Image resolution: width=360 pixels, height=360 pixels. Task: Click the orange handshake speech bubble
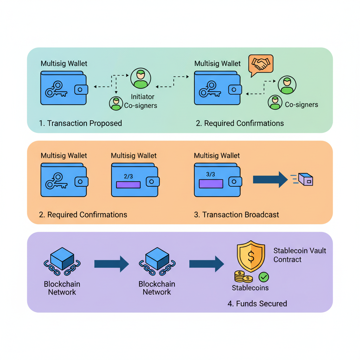(x=261, y=64)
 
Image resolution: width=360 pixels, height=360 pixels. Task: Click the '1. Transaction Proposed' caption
(x=81, y=123)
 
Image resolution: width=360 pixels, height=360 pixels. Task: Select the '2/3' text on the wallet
(x=128, y=176)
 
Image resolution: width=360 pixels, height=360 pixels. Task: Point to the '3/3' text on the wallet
(x=211, y=174)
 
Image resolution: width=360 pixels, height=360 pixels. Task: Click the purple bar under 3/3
(x=211, y=184)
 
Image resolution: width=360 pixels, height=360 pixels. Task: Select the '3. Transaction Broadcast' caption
(x=237, y=215)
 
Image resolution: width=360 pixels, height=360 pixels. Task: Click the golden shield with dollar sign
(x=250, y=256)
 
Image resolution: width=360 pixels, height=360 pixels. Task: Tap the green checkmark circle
(x=264, y=277)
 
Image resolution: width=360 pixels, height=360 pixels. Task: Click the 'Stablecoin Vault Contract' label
(x=300, y=255)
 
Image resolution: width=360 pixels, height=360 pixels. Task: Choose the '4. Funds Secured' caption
(x=257, y=304)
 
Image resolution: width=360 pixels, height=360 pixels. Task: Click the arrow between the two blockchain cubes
(x=111, y=264)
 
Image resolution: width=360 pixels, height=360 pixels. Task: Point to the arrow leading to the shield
(x=206, y=264)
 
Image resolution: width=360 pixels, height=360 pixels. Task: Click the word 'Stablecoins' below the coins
(x=250, y=288)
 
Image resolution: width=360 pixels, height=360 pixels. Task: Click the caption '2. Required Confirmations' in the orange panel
(x=83, y=215)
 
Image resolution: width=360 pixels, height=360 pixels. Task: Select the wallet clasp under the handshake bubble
(x=234, y=90)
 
